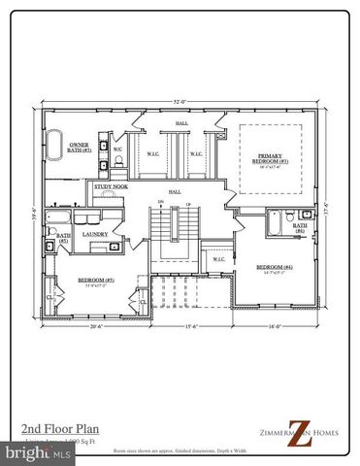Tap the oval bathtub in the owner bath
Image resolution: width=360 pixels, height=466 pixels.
click(x=57, y=137)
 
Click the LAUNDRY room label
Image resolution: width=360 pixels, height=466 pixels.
click(x=95, y=233)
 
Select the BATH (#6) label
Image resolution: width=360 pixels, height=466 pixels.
click(x=300, y=228)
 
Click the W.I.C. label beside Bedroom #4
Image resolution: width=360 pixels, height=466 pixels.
click(x=218, y=258)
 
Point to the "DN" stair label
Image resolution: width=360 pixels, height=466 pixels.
click(x=161, y=204)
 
